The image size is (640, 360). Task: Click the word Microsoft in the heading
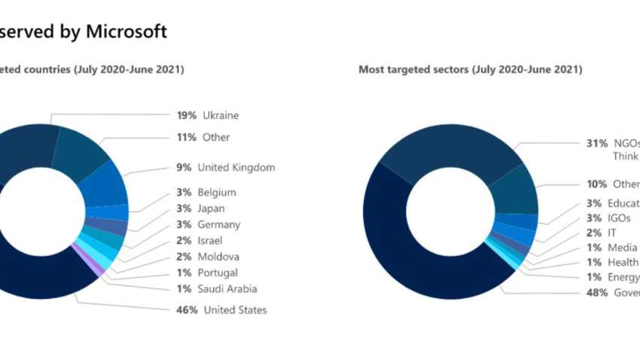point(126,31)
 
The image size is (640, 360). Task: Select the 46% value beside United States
point(187,310)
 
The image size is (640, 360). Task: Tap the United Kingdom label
point(236,167)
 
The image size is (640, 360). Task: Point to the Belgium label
point(217,193)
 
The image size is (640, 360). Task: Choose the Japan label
point(211,209)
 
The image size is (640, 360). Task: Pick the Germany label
point(218,224)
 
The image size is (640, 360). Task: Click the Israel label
point(210,240)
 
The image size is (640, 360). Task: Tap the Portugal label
point(218,273)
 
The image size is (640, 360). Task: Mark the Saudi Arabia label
point(227,288)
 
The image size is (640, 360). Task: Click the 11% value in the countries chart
point(187,137)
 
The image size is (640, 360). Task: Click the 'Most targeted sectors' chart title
point(470,69)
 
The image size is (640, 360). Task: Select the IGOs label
point(620,218)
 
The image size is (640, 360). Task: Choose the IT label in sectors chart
point(612,233)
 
